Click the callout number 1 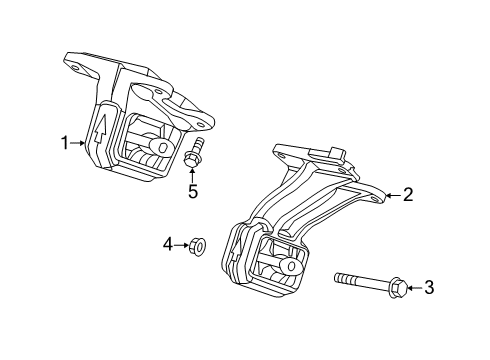pyautogui.click(x=65, y=144)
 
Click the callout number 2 pyautogui.click(x=408, y=196)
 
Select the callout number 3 pyautogui.click(x=429, y=288)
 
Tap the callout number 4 pyautogui.click(x=169, y=241)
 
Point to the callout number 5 pyautogui.click(x=193, y=190)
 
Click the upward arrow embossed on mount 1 pyautogui.click(x=101, y=127)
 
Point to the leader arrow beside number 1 pyautogui.click(x=80, y=144)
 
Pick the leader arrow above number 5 pyautogui.click(x=193, y=172)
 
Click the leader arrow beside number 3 pyautogui.click(x=414, y=288)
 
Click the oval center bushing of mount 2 pyautogui.click(x=291, y=266)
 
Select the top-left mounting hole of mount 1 pyautogui.click(x=77, y=68)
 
